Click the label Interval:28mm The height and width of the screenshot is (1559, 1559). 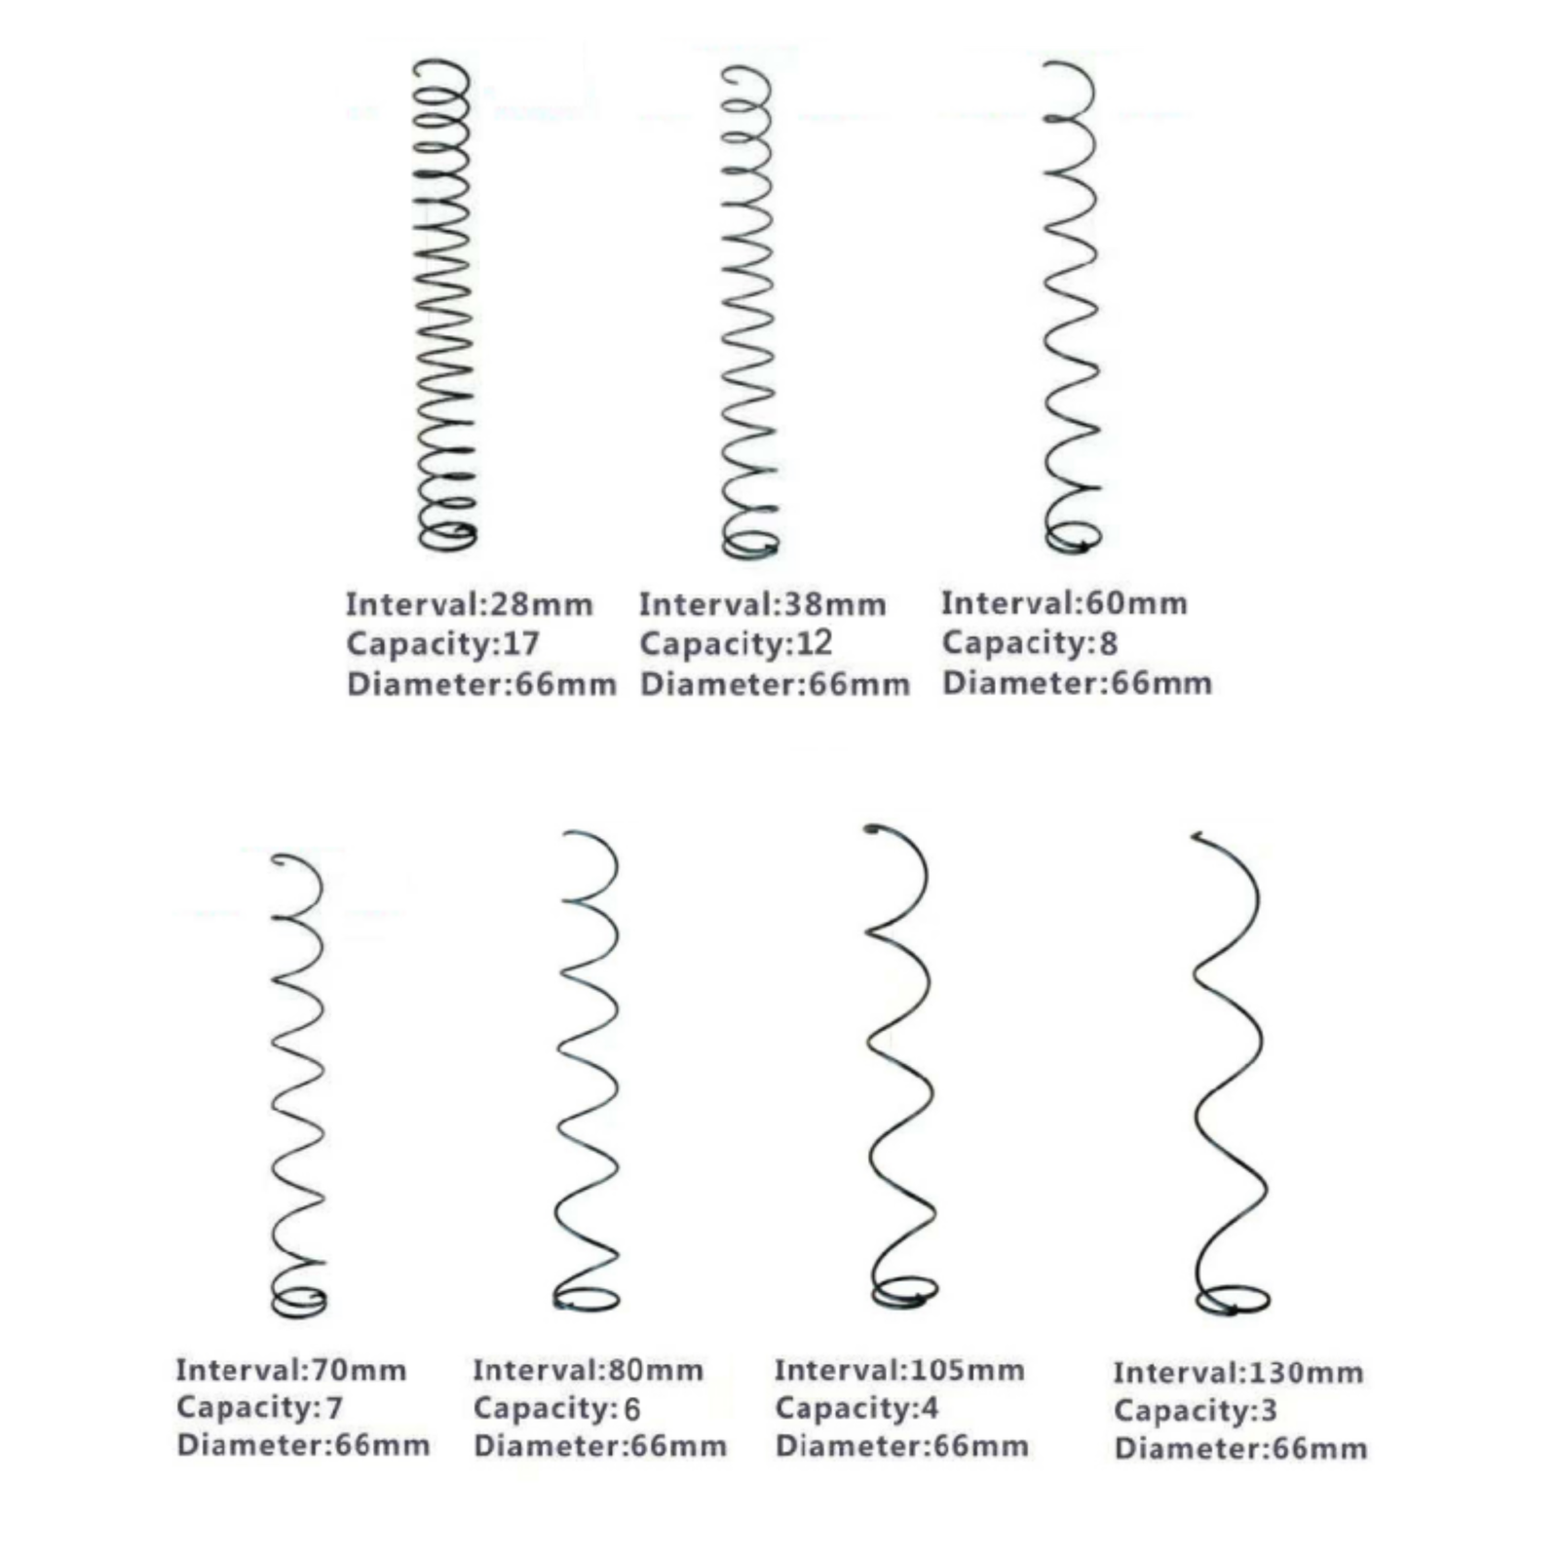[470, 604]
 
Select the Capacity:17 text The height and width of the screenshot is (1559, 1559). [442, 644]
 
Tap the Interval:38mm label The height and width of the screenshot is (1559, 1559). [763, 604]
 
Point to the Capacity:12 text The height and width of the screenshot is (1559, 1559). [736, 643]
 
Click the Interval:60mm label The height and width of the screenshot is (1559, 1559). [1064, 603]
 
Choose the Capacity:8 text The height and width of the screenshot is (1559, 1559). [1029, 643]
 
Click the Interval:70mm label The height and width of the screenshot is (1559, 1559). [291, 1370]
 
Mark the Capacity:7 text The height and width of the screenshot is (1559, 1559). [259, 1408]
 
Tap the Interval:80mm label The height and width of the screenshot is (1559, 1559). [589, 1370]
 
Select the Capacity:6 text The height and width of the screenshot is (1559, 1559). [556, 1409]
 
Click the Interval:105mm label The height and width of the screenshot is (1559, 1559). [899, 1370]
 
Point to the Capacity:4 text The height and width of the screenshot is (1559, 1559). [856, 1408]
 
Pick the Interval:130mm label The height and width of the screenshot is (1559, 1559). [1238, 1373]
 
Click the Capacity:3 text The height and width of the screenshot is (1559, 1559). [1195, 1411]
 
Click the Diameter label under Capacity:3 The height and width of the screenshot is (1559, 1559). [1240, 1449]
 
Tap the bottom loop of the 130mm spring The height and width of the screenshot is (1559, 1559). [1233, 1312]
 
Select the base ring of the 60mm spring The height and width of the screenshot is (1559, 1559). [1072, 551]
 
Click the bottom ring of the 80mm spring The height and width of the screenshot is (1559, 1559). [587, 1309]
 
